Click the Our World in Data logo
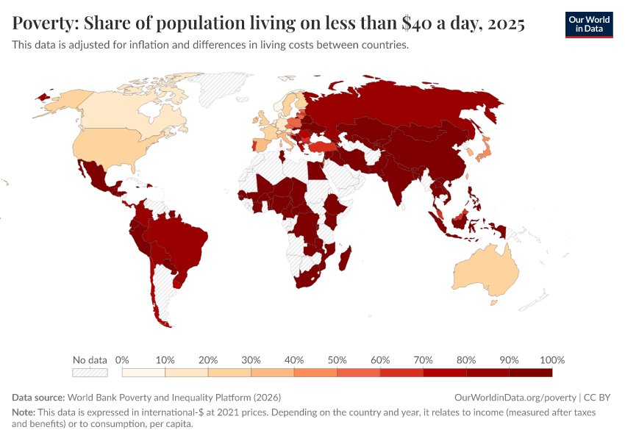click(x=588, y=24)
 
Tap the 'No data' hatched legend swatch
click(x=90, y=373)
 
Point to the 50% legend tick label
click(x=337, y=360)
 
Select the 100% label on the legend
click(x=551, y=360)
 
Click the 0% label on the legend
click(x=122, y=360)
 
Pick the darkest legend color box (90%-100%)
click(x=530, y=373)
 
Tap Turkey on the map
click(x=321, y=147)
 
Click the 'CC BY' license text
click(x=598, y=397)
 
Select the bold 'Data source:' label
click(x=38, y=397)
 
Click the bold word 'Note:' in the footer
click(x=24, y=412)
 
